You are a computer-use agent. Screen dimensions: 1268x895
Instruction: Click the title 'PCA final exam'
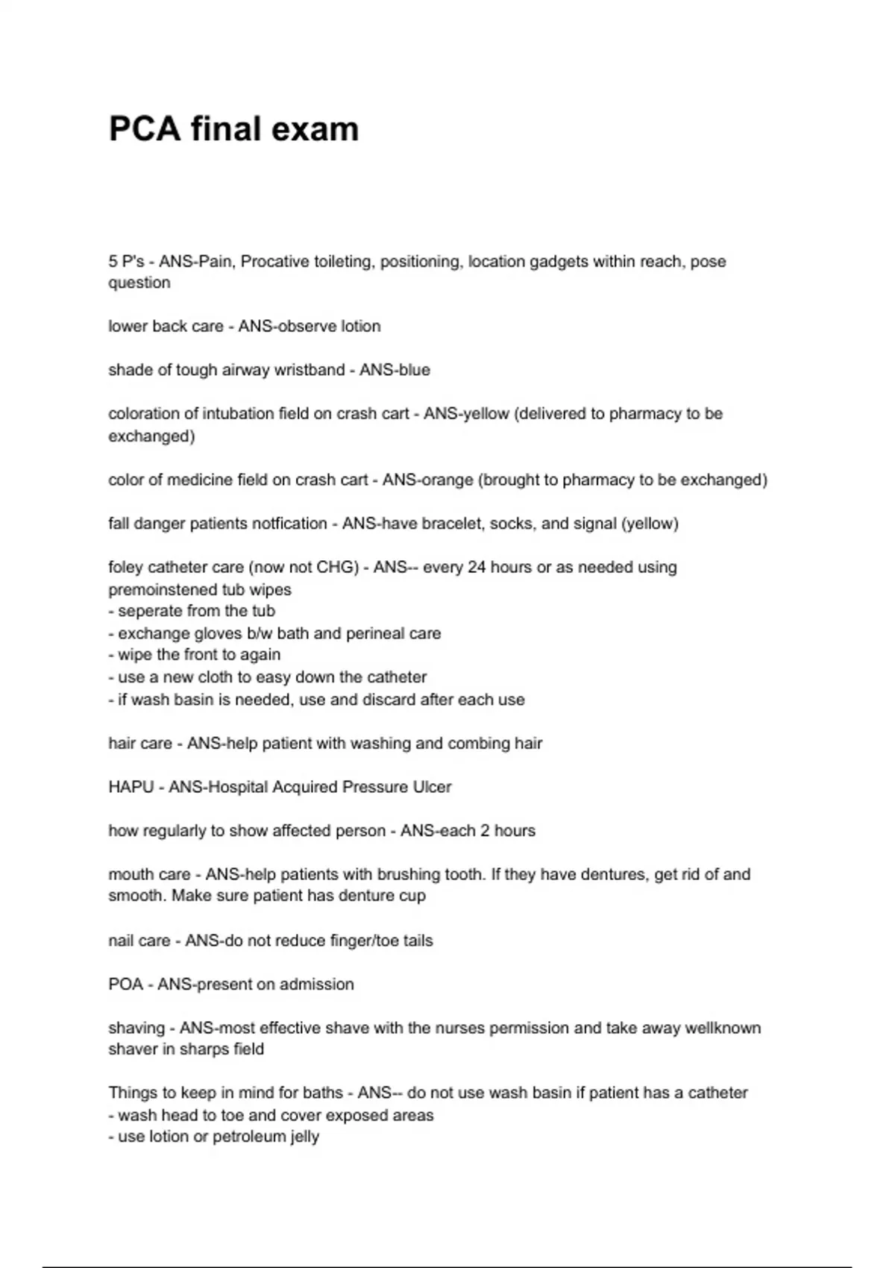233,129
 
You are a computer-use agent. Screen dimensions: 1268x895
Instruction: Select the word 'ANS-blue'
395,370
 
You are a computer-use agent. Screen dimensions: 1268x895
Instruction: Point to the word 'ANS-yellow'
466,414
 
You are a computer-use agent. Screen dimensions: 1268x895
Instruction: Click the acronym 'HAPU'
131,788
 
